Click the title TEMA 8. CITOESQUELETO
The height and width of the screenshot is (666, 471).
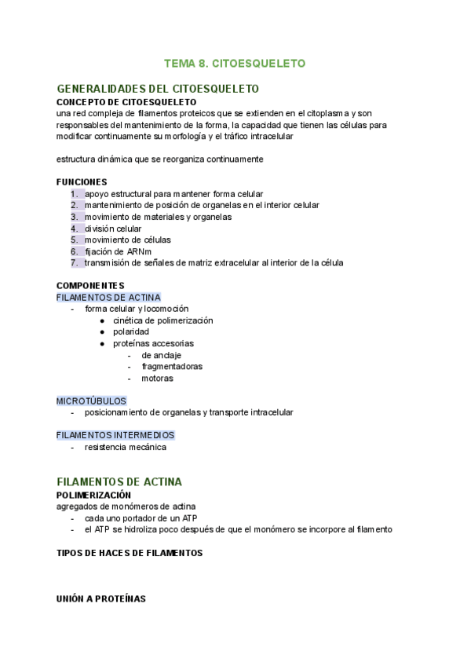coord(235,63)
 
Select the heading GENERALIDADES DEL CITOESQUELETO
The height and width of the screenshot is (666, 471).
coord(158,89)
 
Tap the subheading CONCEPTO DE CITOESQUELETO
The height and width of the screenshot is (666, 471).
coord(126,102)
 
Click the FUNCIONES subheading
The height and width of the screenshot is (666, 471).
coord(82,181)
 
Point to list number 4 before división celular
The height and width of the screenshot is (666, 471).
coord(74,229)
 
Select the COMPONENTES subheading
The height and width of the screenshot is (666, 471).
coord(90,285)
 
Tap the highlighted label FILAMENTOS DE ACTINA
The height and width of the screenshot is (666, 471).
coord(108,298)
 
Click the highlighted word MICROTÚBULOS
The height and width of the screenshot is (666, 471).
coord(91,401)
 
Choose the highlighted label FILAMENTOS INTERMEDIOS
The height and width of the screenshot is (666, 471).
coord(115,435)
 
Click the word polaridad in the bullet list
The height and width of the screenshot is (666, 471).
coord(131,331)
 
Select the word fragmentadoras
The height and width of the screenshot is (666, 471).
coord(172,366)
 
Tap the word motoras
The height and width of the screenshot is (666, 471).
coord(158,378)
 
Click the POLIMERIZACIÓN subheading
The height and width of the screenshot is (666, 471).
coord(93,496)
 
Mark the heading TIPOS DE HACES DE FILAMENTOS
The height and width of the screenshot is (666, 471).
coord(130,553)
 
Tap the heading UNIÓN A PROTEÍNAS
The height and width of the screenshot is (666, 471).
coord(101,598)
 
